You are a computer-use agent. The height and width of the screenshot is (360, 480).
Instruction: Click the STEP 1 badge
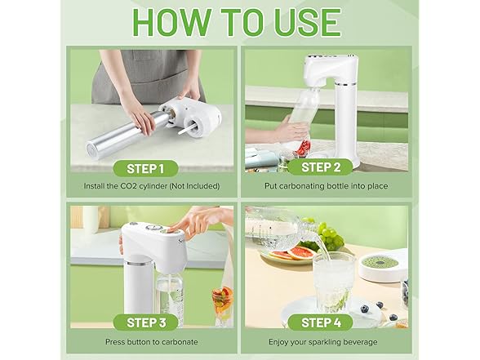click(145, 169)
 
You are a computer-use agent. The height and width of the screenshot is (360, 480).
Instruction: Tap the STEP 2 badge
click(321, 167)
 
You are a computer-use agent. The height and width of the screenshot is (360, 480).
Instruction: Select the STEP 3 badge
click(145, 322)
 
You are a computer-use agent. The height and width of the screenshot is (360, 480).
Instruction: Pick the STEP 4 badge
click(321, 322)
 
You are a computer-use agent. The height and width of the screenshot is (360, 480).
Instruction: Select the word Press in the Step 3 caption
click(114, 342)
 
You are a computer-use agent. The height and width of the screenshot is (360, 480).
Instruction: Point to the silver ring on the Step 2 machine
click(345, 84)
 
